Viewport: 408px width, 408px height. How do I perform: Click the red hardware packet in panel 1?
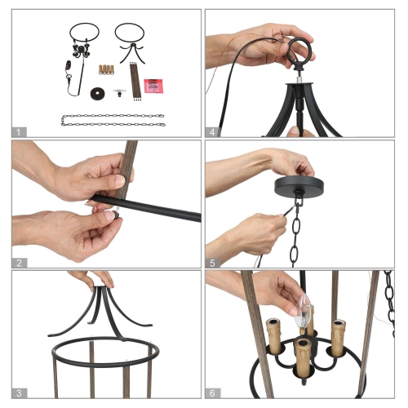[x=152, y=85]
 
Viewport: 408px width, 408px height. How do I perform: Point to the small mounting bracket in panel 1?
[x=121, y=92]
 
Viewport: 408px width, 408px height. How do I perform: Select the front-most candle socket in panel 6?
[x=302, y=357]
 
